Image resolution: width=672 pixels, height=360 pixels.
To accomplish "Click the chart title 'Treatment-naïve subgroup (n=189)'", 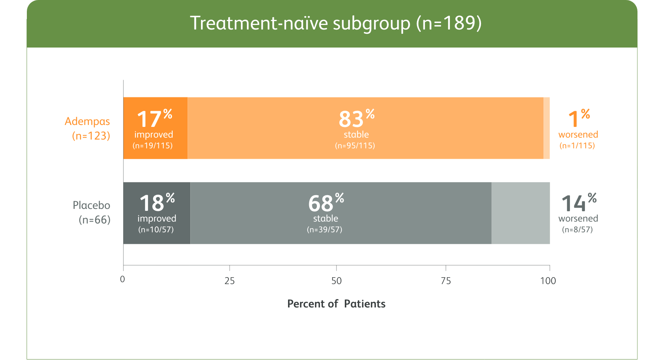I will (x=336, y=23).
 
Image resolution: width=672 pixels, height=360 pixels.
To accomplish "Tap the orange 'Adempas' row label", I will (x=87, y=122).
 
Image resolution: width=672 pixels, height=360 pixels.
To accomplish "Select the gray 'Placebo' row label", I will (x=91, y=205).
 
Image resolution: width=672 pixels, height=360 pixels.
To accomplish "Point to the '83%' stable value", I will (x=356, y=119).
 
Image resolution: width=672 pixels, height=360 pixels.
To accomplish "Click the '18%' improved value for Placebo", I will (x=157, y=203).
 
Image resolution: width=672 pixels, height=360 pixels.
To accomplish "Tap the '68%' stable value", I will (x=326, y=203).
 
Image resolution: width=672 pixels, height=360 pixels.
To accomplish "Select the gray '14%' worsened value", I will (x=578, y=203).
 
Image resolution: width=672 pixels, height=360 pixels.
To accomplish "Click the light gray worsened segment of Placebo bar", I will (x=520, y=213).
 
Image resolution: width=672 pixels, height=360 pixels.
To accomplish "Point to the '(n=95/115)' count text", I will (x=355, y=146).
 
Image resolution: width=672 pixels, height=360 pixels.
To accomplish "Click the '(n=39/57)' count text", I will (x=324, y=230).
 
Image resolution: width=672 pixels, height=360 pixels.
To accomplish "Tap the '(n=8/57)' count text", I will (x=577, y=230).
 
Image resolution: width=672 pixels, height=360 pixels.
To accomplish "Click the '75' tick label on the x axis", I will (x=446, y=281).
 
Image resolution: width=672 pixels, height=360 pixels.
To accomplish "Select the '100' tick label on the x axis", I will (x=548, y=281).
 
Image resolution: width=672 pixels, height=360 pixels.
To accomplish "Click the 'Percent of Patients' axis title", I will (x=336, y=304).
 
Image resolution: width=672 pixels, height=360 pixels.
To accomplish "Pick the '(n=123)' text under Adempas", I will (x=91, y=136).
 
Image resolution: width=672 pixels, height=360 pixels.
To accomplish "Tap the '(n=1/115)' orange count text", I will (x=577, y=146).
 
